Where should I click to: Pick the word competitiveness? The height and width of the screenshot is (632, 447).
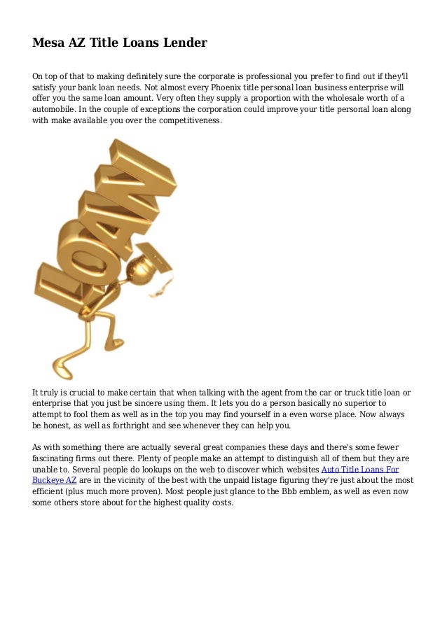point(184,121)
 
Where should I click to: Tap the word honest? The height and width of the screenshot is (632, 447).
point(58,426)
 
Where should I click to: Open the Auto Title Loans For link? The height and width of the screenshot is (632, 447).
point(359,469)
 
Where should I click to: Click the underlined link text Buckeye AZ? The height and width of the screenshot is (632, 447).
point(55,480)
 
